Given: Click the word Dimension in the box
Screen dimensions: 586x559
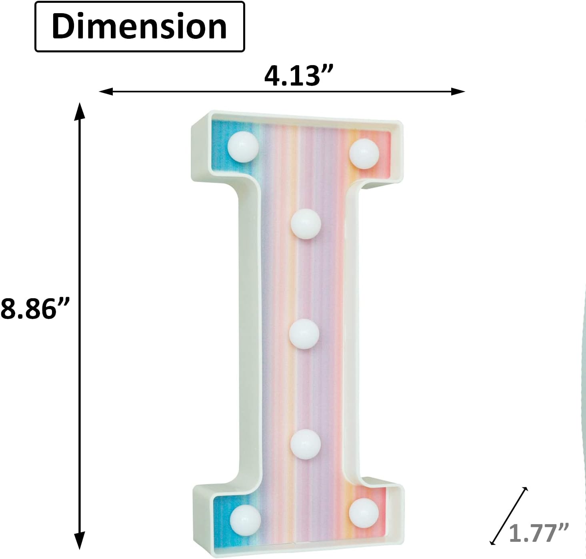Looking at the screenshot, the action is pos(140,26).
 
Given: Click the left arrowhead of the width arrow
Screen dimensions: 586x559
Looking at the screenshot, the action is pos(106,92).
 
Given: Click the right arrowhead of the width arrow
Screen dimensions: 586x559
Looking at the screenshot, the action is pos(458,92).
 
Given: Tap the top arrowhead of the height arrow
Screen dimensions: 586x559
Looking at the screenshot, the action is pos(79,110).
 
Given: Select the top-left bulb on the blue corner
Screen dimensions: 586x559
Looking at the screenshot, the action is pos(243,147).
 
